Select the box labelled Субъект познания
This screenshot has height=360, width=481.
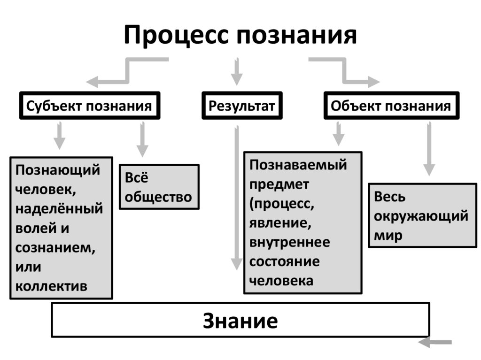(89, 106)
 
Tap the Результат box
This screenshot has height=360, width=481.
(242, 106)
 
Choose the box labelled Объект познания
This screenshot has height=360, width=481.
(391, 106)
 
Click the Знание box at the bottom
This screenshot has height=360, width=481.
(240, 321)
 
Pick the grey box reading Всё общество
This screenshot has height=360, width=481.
(159, 187)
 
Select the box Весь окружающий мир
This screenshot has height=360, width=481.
(421, 215)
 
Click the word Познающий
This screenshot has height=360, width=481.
(58, 169)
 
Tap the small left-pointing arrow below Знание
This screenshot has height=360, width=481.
(434, 343)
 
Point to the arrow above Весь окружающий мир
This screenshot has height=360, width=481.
(428, 149)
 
